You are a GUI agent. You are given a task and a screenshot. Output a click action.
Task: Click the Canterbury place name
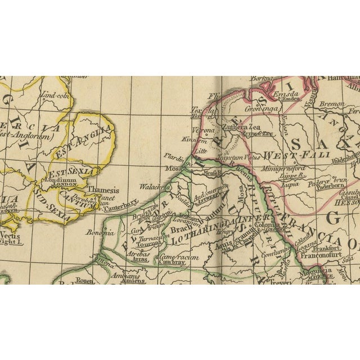(x=122, y=202)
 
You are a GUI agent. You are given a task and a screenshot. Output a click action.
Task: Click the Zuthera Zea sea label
(x=247, y=128)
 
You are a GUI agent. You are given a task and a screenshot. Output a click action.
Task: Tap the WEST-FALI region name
(x=287, y=154)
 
